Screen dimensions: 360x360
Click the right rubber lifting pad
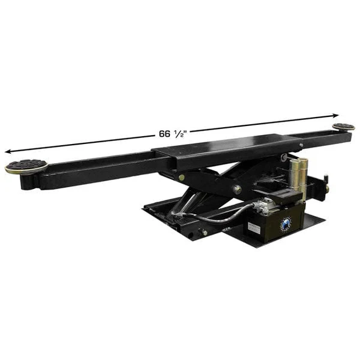tap(344, 127)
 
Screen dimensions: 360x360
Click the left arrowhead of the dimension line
tap(7, 151)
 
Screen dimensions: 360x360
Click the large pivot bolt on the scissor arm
tap(238, 189)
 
